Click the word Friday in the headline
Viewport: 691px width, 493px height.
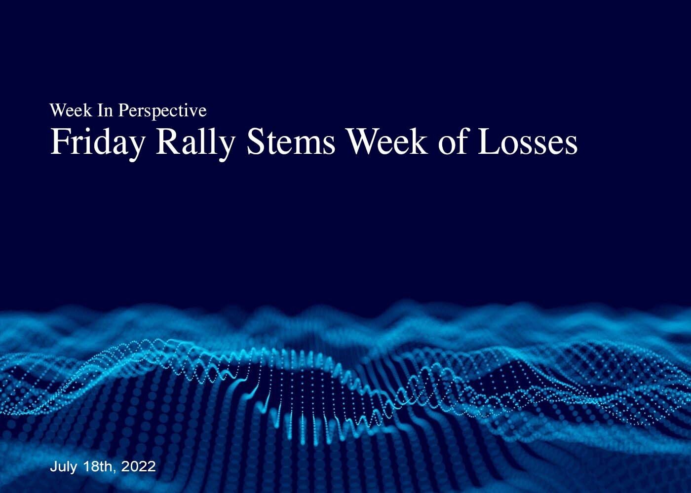coord(97,143)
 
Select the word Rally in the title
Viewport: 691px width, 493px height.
coord(195,143)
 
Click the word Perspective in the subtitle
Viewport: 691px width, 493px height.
coord(162,111)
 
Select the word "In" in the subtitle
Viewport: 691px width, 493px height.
coord(105,110)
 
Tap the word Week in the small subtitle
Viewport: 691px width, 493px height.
coord(71,110)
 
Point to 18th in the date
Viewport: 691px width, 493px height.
coord(98,466)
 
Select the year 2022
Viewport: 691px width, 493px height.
coord(139,466)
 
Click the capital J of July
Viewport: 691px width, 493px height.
coord(54,466)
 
